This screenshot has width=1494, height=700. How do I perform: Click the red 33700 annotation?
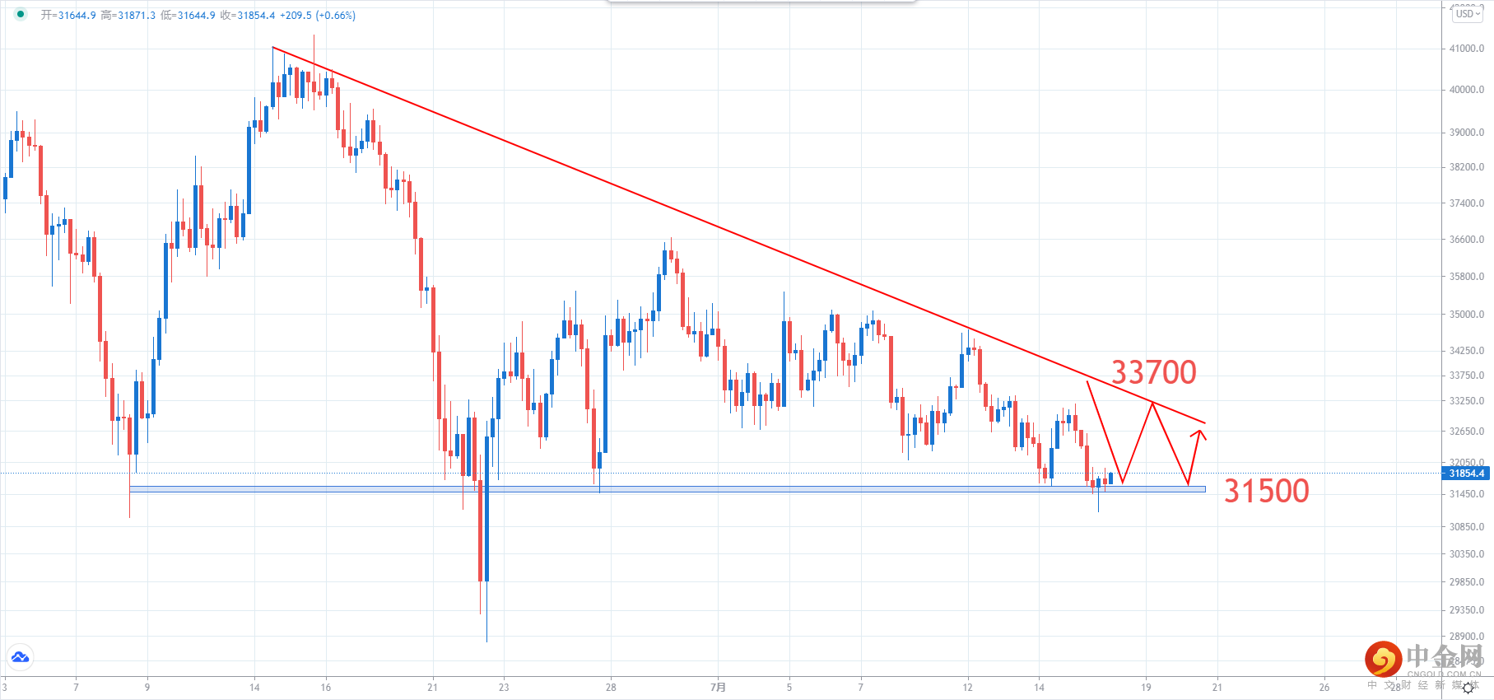1153,372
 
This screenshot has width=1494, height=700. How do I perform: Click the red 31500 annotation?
1266,491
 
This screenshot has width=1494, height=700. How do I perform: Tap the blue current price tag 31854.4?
1467,474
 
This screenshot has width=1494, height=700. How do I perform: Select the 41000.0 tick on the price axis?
1467,49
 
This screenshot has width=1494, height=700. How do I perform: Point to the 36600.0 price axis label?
1467,240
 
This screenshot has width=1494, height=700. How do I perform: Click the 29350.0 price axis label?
1467,610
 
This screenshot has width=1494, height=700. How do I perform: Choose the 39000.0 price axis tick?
1467,133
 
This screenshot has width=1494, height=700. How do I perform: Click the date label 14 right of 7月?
1039,687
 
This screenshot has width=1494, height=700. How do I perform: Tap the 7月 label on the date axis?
719,687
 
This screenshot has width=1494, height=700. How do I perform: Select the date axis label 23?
504,687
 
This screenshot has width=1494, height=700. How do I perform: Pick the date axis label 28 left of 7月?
611,687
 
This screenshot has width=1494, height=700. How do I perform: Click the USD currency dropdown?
1467,14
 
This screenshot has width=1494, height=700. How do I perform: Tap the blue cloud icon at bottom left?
20,657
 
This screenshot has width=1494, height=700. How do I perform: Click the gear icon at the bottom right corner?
1468,688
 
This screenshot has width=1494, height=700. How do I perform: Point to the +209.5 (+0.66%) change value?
318,16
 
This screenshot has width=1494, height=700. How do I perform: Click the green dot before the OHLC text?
21,14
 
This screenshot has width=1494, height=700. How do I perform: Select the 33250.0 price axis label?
1467,401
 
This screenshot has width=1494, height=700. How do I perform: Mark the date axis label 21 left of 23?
433,687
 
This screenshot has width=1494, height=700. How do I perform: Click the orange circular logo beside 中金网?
1383,660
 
